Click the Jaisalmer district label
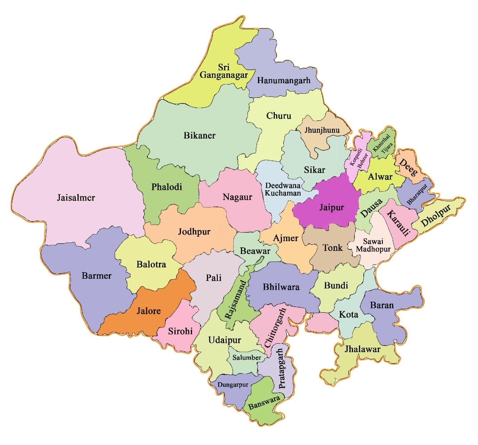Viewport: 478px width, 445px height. (76, 197)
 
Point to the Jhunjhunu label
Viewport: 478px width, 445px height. (321, 130)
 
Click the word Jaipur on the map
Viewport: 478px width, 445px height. (332, 207)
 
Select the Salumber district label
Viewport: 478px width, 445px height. (247, 357)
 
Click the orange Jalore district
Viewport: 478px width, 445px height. (146, 311)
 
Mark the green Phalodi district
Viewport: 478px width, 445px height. (166, 187)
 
